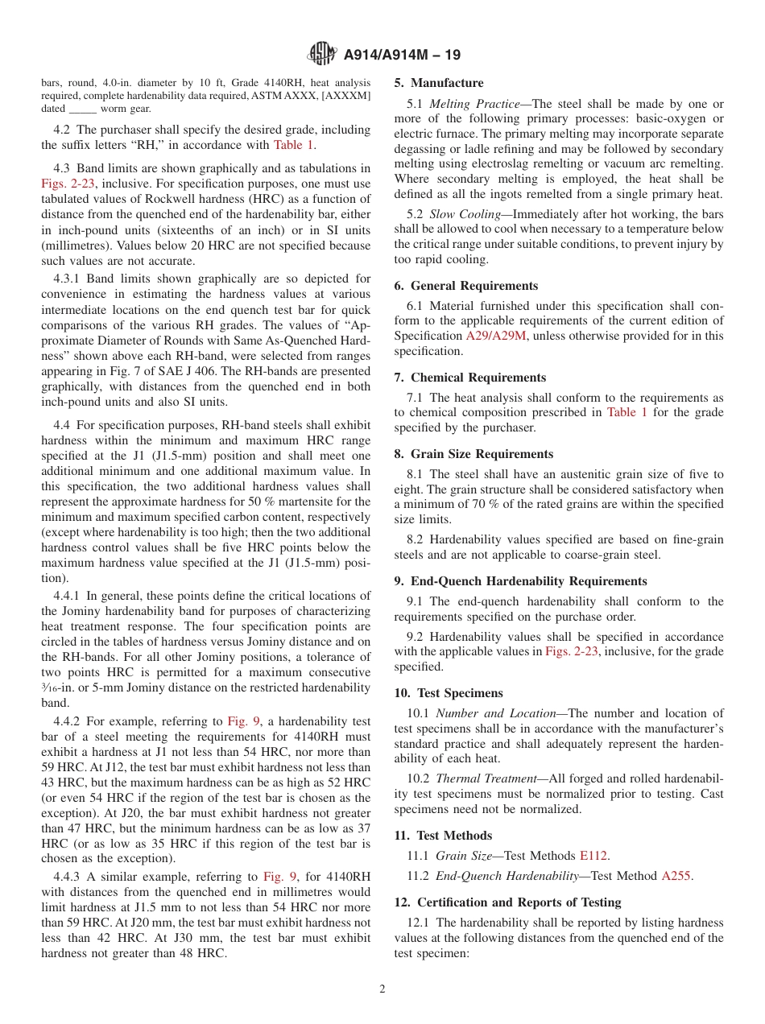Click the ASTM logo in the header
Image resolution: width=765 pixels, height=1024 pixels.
(x=322, y=55)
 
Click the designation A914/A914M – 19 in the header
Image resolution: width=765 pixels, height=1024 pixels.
(x=403, y=56)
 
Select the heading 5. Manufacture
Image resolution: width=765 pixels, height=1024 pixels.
(x=439, y=83)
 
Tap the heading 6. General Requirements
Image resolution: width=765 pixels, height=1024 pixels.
(x=465, y=286)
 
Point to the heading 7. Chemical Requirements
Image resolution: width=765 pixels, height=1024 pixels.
(x=469, y=378)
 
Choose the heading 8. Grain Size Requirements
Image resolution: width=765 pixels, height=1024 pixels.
(x=473, y=454)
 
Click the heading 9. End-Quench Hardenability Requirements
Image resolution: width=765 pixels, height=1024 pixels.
(x=520, y=581)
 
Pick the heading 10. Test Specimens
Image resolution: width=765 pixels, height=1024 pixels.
(x=449, y=693)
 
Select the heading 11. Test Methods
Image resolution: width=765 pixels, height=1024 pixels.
(x=443, y=836)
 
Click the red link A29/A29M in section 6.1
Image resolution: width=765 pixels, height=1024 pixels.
(x=496, y=337)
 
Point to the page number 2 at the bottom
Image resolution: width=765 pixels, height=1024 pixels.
(x=382, y=989)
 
